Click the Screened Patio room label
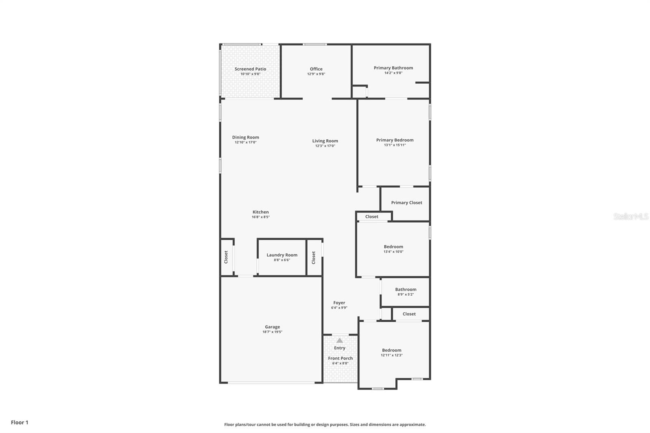(250, 69)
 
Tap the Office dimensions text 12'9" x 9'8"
(316, 74)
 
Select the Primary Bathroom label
(393, 68)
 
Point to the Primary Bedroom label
(394, 140)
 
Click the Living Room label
(325, 141)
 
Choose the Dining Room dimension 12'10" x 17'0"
(245, 142)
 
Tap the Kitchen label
(260, 212)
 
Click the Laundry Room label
(282, 255)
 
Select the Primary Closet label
(406, 203)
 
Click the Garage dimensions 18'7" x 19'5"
(272, 332)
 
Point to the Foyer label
(339, 303)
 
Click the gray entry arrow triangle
(340, 340)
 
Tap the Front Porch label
(340, 358)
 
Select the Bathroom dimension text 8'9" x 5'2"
(405, 294)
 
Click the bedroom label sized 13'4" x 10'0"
(393, 247)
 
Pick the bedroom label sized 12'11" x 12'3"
(392, 350)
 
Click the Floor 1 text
(19, 422)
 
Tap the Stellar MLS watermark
(630, 217)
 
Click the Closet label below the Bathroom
(409, 314)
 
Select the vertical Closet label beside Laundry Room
(314, 258)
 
